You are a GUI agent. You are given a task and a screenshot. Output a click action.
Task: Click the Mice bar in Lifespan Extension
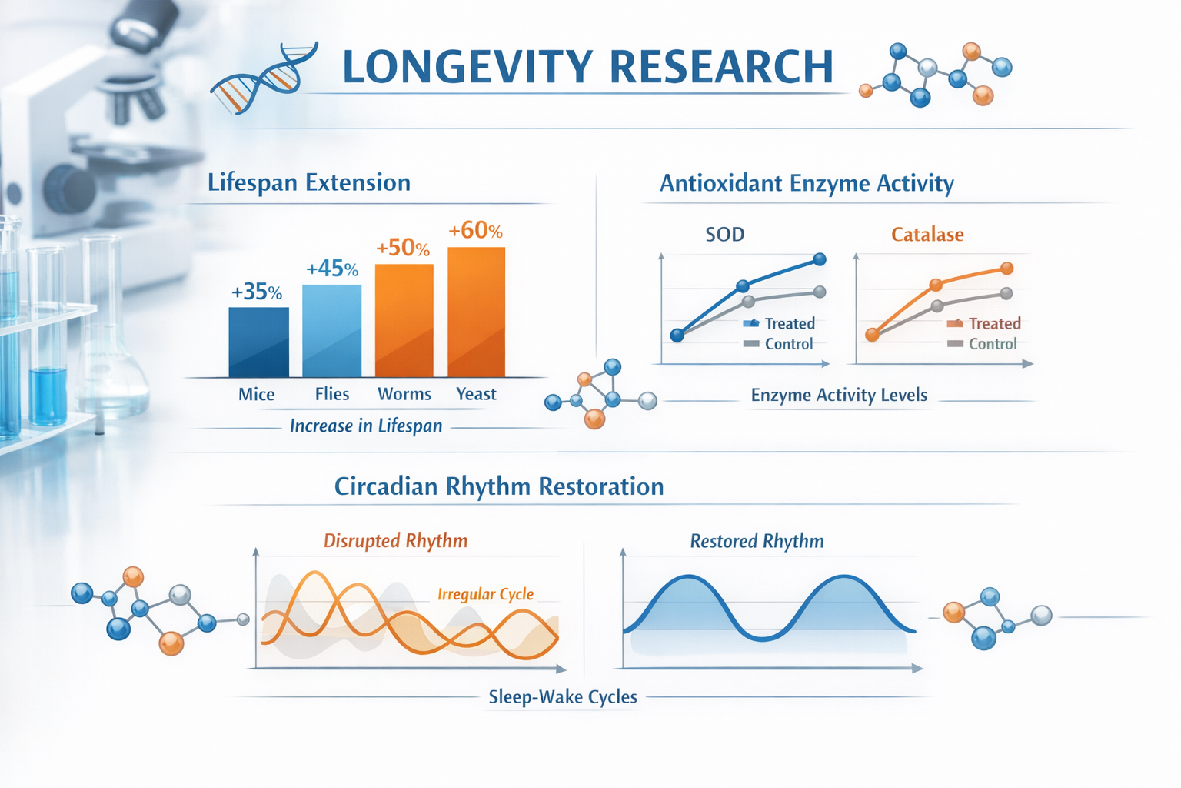tap(258, 342)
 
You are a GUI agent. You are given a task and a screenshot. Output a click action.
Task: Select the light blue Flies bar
tap(331, 331)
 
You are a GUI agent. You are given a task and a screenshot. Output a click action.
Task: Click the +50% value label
tap(402, 248)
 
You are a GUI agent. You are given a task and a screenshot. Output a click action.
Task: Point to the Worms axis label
tap(404, 394)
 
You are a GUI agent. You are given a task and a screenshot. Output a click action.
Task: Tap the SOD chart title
tap(724, 234)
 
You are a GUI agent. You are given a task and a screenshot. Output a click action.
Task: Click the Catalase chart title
tap(927, 234)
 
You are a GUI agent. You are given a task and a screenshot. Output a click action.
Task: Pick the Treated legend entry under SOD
tap(780, 323)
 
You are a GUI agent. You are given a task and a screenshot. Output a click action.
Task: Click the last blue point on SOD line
tap(820, 259)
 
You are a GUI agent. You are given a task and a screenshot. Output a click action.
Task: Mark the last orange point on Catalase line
tap(1006, 269)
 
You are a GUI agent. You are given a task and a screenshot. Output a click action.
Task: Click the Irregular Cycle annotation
tap(485, 594)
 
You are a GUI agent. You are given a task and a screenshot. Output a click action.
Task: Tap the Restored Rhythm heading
tap(757, 541)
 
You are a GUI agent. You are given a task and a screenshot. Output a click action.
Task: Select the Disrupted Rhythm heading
tap(395, 540)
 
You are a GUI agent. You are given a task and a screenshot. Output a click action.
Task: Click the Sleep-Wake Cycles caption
tap(563, 696)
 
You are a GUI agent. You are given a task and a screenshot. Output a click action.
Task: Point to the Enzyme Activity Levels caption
tap(839, 395)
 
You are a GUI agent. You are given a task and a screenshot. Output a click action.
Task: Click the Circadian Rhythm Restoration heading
tap(499, 486)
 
